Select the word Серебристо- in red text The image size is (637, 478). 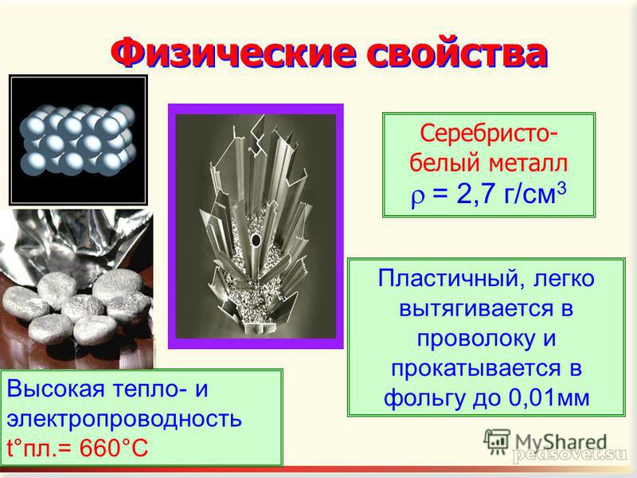[489, 133]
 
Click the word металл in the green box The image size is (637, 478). [528, 163]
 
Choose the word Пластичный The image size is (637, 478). [447, 280]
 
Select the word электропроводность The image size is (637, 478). [124, 419]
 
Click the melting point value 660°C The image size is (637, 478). [114, 449]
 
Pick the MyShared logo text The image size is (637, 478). [561, 442]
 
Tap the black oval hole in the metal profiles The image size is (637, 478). [256, 240]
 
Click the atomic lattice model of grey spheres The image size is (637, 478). [77, 139]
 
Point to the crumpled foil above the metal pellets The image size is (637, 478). [77, 244]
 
